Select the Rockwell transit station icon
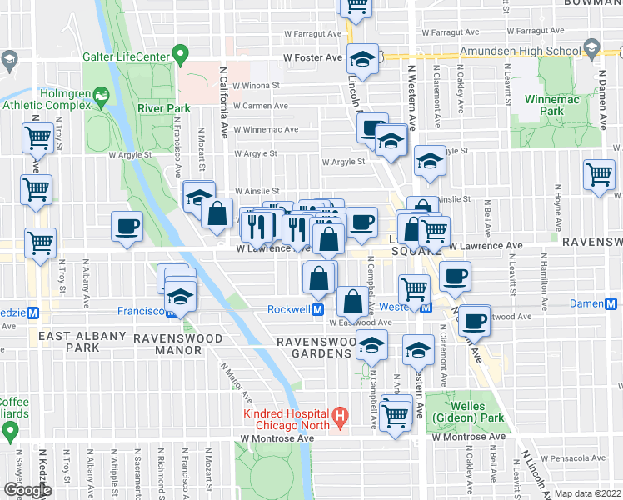317,309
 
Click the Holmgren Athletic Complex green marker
102,98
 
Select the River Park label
164,108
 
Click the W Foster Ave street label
313,59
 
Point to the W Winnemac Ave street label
266,129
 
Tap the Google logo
27,490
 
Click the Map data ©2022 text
586,493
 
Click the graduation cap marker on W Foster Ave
363,59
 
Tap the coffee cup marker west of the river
127,226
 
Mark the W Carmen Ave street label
266,107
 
